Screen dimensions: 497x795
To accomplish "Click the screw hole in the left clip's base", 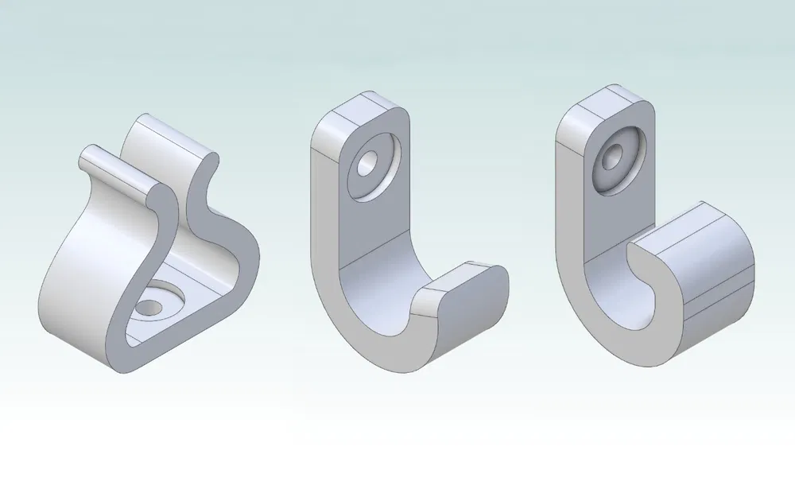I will [149, 306].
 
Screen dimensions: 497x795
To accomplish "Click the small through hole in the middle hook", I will [369, 165].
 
